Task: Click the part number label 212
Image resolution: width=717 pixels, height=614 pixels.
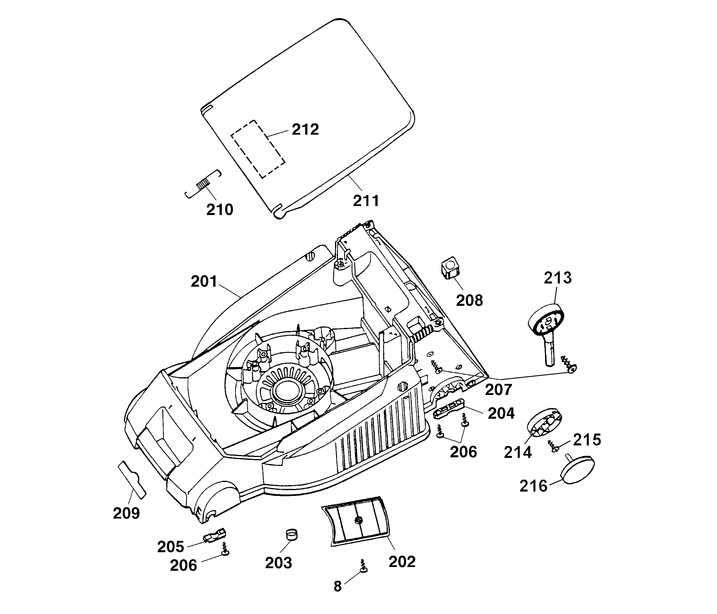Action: coord(305,129)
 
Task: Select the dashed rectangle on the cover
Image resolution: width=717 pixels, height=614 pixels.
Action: coord(258,149)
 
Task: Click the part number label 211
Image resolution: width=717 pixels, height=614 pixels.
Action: coord(366,201)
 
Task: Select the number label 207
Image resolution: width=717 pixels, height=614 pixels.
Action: coord(498,390)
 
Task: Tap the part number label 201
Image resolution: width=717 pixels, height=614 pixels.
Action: coord(204,281)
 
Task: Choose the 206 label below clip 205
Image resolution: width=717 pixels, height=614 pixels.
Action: coord(183,566)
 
